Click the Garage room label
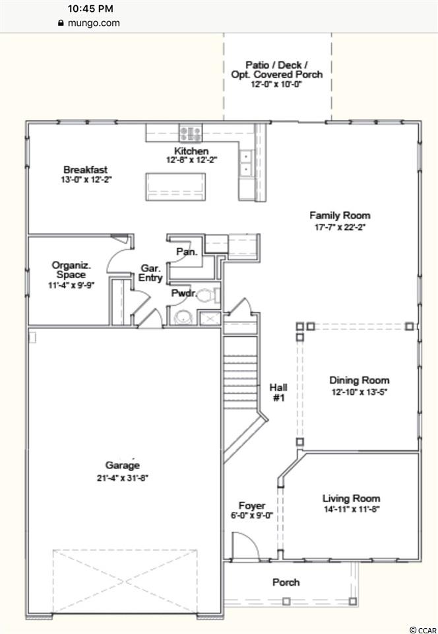[x=122, y=466]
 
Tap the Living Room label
[x=351, y=499]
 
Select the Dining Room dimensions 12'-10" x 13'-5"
[x=360, y=392]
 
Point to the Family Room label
[x=340, y=215]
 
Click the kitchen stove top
[x=191, y=133]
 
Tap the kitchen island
[x=175, y=187]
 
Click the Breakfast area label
[x=86, y=170]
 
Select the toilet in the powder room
[x=208, y=296]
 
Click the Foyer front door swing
[x=246, y=547]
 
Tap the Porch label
[x=286, y=582]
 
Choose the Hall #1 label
[x=279, y=392]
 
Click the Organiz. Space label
[x=71, y=270]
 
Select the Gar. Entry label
[x=150, y=273]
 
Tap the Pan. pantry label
[x=187, y=252]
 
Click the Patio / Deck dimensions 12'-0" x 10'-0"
[x=276, y=85]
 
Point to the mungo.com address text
[x=94, y=23]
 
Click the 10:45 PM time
[x=90, y=9]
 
